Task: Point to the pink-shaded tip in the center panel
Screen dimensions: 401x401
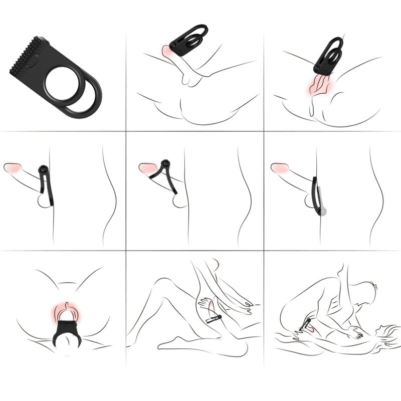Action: [x=146, y=168]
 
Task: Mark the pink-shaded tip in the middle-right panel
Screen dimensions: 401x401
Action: [x=278, y=168]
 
